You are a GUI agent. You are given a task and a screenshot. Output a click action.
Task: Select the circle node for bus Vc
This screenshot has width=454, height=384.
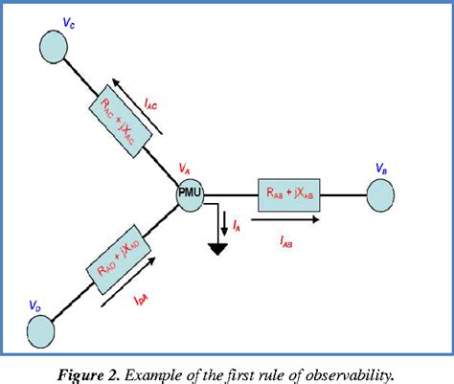55,44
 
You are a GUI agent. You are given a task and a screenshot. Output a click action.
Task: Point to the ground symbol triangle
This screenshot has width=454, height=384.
218,251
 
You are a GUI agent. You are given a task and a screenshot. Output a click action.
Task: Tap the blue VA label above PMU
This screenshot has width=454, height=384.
186,169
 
